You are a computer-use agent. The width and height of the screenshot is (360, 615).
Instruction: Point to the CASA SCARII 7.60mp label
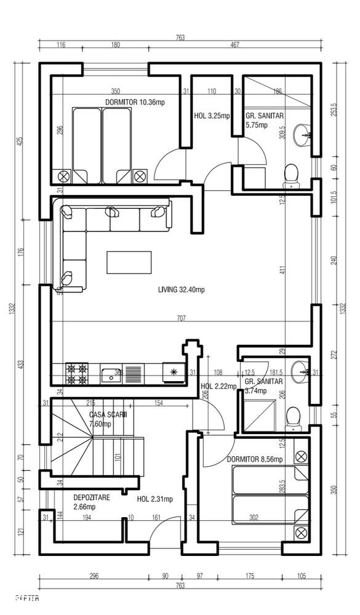point(108,419)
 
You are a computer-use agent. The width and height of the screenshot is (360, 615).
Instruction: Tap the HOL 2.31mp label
point(154,499)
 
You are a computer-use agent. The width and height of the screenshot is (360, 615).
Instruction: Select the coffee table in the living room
point(129,262)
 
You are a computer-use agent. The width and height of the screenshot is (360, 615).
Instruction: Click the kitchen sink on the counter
point(111,372)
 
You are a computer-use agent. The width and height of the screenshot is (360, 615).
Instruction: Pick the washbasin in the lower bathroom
point(301,370)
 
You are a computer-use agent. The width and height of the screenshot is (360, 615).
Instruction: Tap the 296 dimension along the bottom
point(94,576)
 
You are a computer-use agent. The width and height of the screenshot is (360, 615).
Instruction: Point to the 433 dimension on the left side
point(22,364)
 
